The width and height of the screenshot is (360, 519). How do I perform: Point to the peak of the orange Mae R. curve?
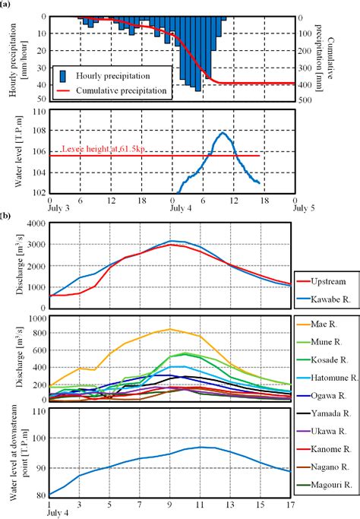(171, 329)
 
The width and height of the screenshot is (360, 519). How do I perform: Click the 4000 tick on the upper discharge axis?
(33, 223)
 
